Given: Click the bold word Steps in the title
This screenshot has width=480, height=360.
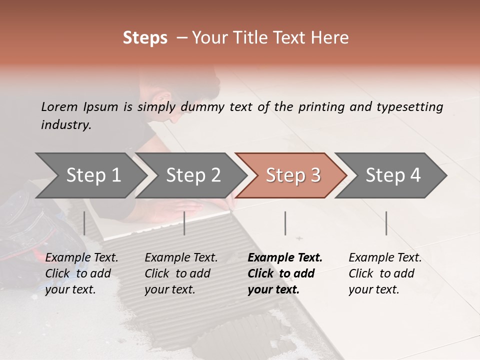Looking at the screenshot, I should point(145,38).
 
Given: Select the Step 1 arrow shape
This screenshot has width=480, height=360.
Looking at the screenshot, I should point(90,175).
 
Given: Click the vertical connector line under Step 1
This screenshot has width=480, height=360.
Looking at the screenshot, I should point(84,223).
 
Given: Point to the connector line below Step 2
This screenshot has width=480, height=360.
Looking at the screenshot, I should point(184,223).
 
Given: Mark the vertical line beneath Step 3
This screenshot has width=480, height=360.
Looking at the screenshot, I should point(285,223).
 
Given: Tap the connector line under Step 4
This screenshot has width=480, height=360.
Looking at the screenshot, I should point(386,223).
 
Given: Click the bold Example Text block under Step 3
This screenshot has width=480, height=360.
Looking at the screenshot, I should point(285,273).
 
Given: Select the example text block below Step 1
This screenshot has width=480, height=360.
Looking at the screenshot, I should point(81,273).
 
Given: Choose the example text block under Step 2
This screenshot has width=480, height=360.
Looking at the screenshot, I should point(181,273).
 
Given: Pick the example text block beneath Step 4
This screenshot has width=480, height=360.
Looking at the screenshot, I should point(385,273).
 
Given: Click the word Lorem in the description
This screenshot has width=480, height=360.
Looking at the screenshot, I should point(59,107).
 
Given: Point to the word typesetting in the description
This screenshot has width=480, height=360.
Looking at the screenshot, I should point(409,107).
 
